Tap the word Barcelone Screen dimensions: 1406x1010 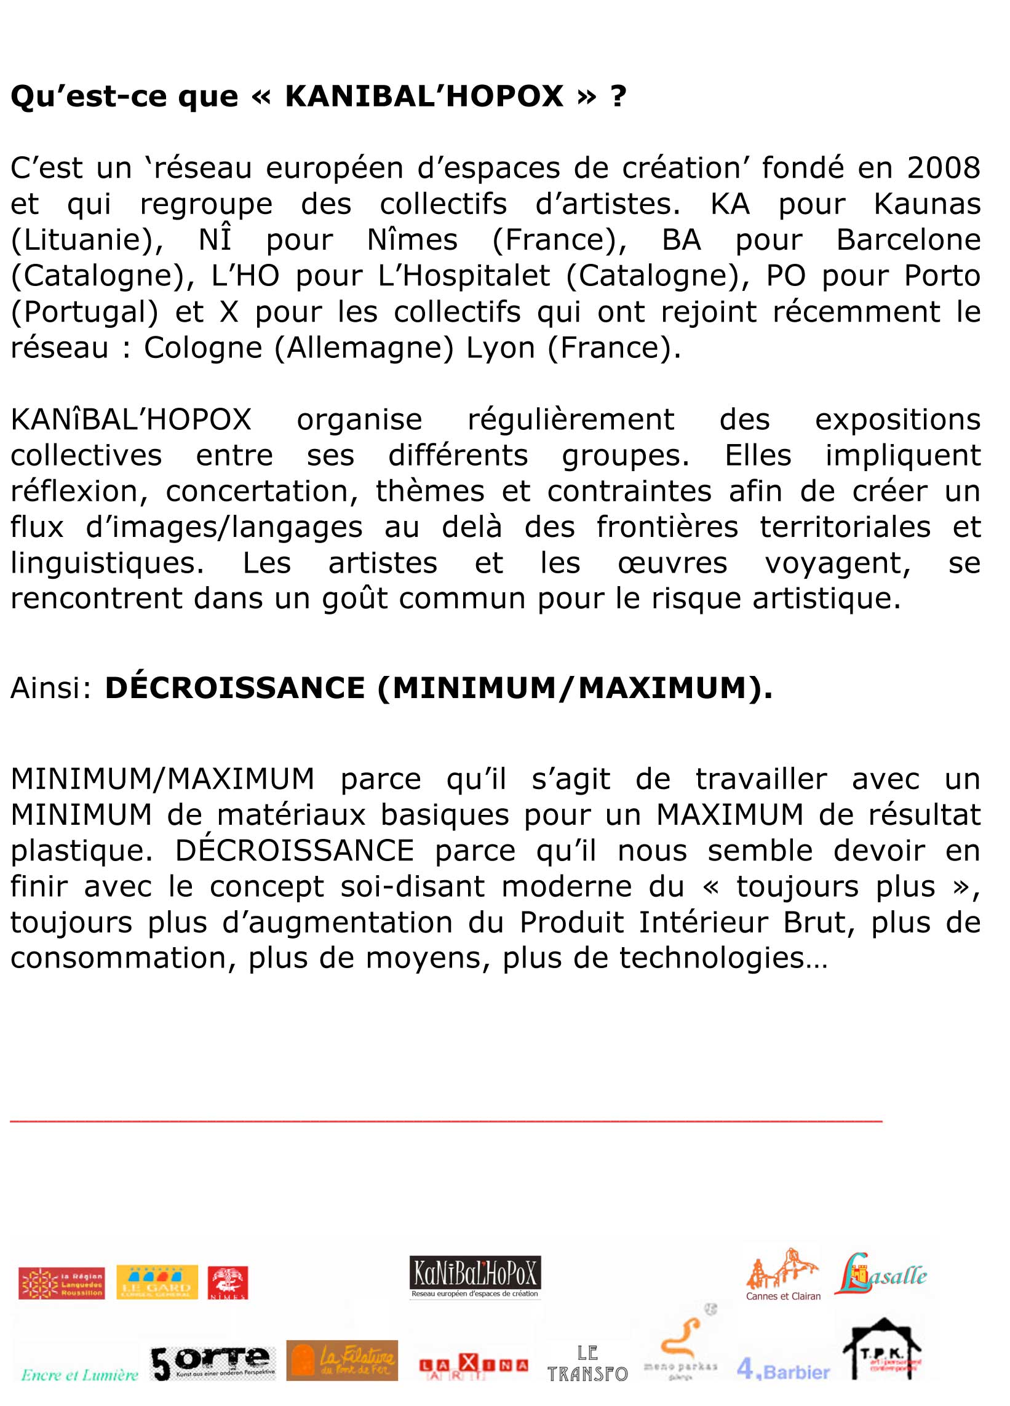click(908, 239)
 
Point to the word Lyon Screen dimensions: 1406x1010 click(499, 347)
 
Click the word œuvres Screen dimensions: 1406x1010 click(672, 563)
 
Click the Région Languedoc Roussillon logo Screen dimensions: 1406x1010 click(62, 1283)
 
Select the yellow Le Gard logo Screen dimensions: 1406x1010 click(157, 1282)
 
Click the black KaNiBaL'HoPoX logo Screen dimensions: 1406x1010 click(475, 1276)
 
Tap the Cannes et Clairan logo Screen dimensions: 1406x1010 click(783, 1275)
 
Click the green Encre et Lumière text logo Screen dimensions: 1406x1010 click(79, 1375)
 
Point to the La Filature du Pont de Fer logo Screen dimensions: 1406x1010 click(341, 1360)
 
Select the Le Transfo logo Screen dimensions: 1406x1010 click(587, 1363)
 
